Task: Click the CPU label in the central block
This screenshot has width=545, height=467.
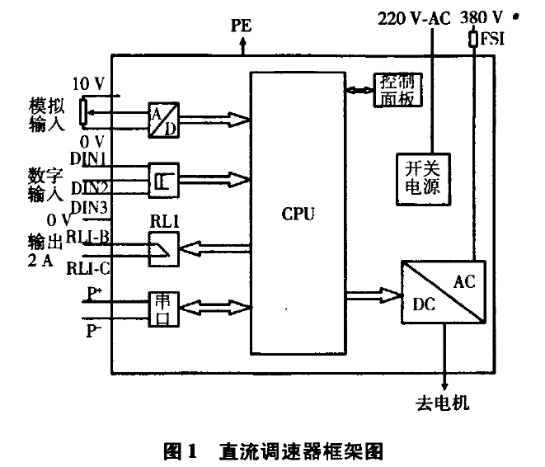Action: tap(298, 215)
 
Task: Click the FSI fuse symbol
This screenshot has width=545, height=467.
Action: tap(473, 39)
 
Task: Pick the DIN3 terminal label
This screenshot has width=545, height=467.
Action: tap(90, 206)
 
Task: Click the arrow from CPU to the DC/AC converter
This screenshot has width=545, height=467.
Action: tap(374, 291)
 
